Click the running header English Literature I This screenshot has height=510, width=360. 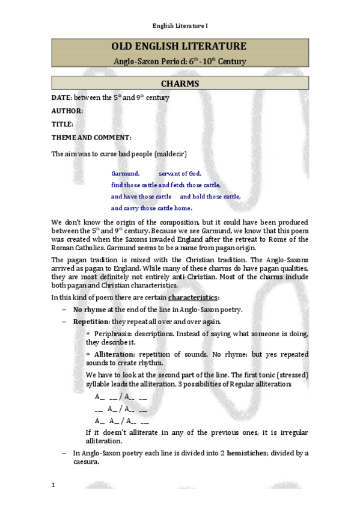180,26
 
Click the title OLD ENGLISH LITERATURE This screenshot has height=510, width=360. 180,47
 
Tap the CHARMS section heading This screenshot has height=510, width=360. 180,84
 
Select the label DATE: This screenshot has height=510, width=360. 62,97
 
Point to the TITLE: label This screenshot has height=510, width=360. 63,124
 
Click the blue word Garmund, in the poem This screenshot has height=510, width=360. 126,173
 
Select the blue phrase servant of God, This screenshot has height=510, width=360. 180,173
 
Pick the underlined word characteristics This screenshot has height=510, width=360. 193,297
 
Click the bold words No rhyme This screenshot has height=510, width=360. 90,309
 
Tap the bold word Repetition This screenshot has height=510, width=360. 90,322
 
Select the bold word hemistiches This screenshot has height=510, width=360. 252,453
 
